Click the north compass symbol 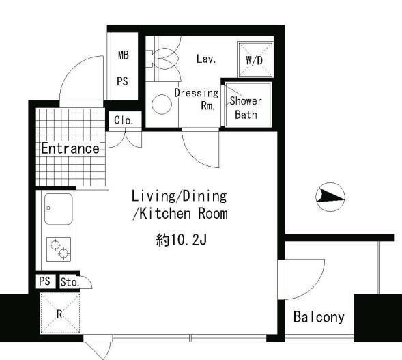pos(330,197)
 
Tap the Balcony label pos(319,317)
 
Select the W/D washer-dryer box pos(255,59)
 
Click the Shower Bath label pos(246,107)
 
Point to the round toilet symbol pos(162,105)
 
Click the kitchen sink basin pos(59,209)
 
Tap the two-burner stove pos(59,249)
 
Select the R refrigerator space pos(59,314)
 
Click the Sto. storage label pos(70,282)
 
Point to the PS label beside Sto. pos(44,281)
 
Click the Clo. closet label pos(124,120)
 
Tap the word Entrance pos(70,148)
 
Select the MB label pos(124,55)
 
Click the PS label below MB pos(123,81)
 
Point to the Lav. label pos(206,59)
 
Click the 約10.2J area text pos(182,240)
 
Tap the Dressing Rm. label pos(197,99)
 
